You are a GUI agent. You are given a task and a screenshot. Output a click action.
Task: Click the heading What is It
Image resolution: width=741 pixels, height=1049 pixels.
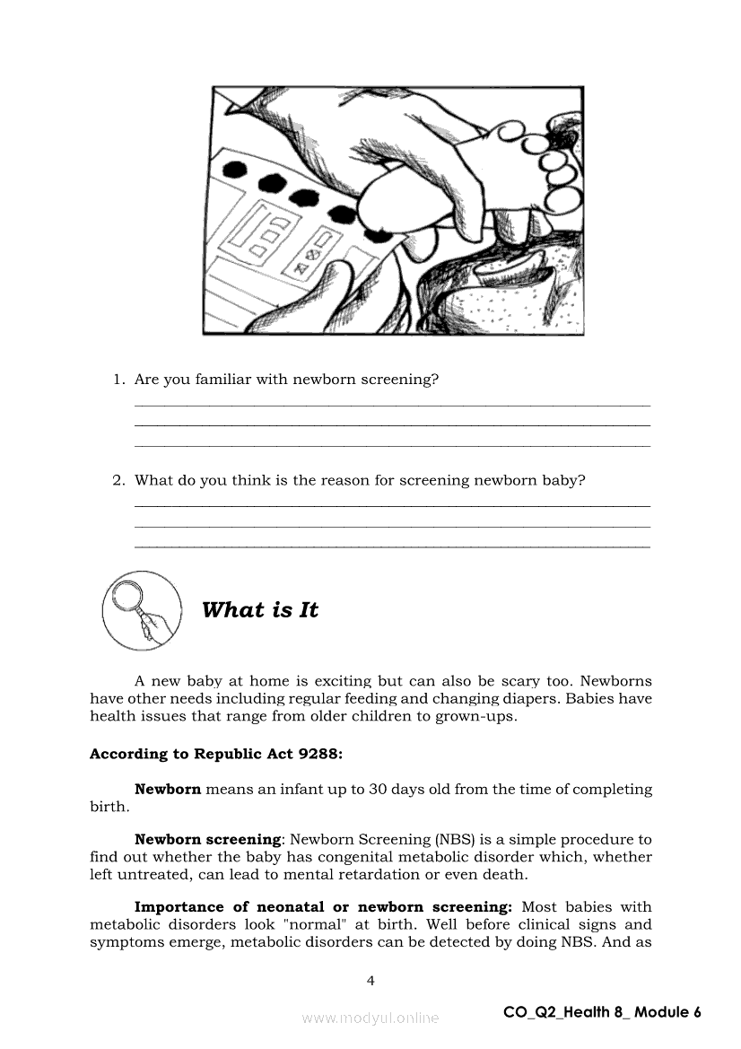(260, 610)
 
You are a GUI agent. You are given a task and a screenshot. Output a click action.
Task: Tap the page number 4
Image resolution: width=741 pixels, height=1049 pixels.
(370, 981)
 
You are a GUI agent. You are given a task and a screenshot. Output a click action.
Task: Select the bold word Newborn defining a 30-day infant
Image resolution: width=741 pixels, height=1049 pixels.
(168, 790)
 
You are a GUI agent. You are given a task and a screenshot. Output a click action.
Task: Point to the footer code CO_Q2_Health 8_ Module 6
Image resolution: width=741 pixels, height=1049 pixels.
(602, 1012)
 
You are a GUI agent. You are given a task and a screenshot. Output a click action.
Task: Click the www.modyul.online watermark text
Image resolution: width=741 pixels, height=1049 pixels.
(370, 1018)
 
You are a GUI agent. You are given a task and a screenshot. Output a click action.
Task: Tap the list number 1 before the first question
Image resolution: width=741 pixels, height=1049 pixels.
(118, 380)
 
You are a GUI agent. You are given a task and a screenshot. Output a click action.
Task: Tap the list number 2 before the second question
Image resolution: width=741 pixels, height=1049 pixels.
(118, 480)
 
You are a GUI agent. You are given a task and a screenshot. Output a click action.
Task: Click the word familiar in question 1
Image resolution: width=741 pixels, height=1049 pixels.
(222, 380)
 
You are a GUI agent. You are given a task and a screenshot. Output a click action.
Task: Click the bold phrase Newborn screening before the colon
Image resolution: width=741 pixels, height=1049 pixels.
(207, 840)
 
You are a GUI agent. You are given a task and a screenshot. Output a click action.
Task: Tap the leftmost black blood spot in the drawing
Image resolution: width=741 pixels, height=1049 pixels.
(236, 168)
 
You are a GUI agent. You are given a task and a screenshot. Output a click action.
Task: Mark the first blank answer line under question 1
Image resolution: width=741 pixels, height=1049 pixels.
(392, 406)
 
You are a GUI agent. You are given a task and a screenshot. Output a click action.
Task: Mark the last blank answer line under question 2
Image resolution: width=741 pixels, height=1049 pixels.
(392, 546)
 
